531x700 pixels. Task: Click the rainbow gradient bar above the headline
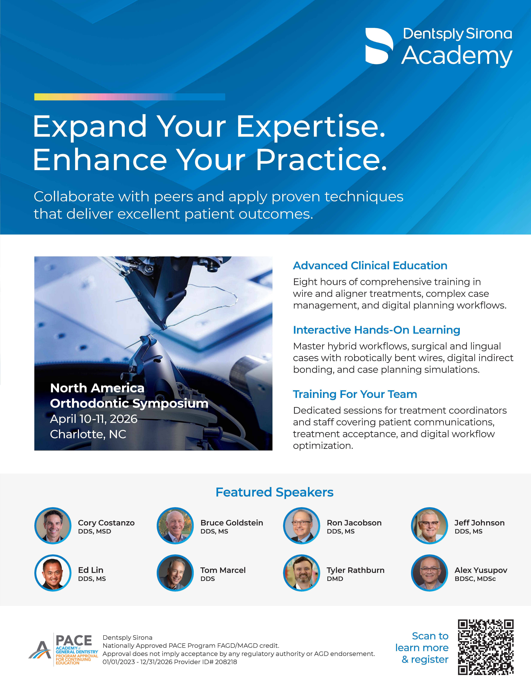(130, 97)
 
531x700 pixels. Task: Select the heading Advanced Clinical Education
(370, 266)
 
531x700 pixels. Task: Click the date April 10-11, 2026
(94, 419)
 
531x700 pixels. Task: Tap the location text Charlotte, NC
(88, 434)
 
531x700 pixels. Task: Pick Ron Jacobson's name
(354, 523)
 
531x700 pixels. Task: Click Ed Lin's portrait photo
(53, 573)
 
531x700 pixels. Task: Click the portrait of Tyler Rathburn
(302, 573)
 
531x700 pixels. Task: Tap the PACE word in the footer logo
(74, 640)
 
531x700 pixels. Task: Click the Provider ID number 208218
(226, 662)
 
